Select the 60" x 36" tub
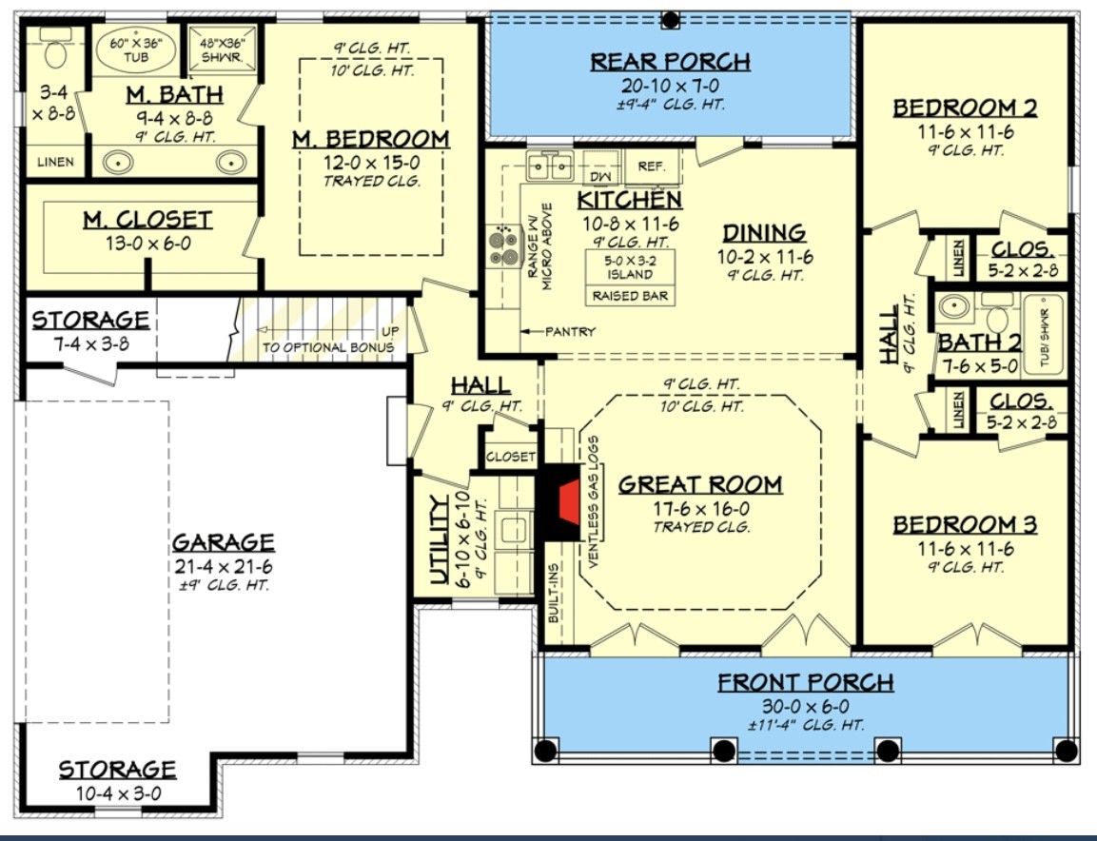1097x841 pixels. (x=136, y=50)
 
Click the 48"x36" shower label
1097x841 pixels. (x=222, y=50)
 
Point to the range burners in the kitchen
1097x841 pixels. (x=504, y=248)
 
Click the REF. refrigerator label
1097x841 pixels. (x=652, y=166)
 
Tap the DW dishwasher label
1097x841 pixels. (x=599, y=177)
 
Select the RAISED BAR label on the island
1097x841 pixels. (x=630, y=296)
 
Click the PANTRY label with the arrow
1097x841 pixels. (x=558, y=331)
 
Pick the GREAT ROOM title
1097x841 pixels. (x=700, y=485)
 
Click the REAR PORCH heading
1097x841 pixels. (x=670, y=62)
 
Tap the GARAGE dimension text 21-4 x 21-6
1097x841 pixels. (x=224, y=566)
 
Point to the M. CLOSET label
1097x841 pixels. (x=147, y=220)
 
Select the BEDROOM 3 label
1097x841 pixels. (x=965, y=525)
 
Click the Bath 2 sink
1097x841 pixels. (x=953, y=306)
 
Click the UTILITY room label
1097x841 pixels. (x=439, y=539)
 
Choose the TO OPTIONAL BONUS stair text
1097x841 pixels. (x=327, y=347)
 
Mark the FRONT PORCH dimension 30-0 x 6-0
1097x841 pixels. (x=806, y=706)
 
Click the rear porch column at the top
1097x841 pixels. (x=670, y=19)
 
